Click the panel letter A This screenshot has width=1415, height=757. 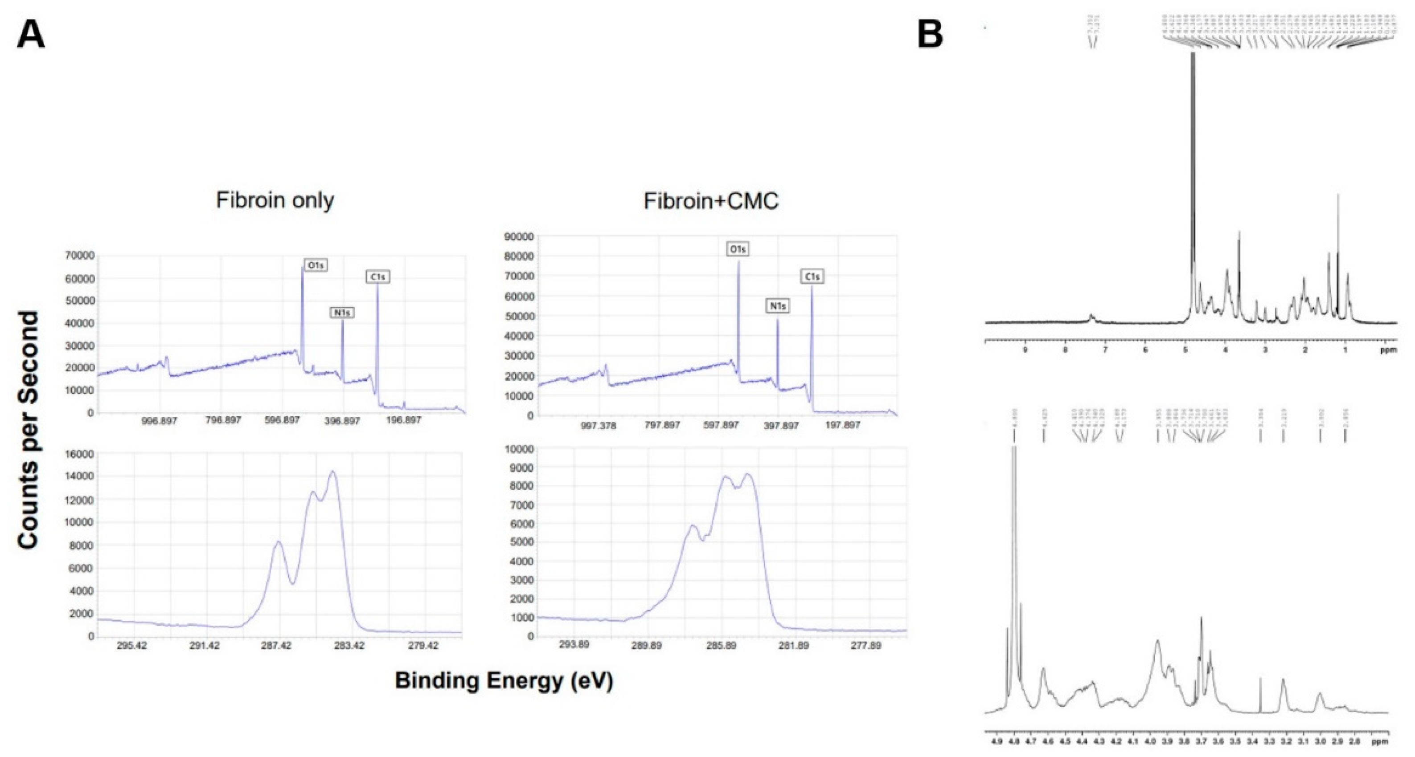point(31,36)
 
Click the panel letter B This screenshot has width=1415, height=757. point(931,36)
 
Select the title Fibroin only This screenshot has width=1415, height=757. point(275,200)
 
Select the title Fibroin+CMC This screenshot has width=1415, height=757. point(711,201)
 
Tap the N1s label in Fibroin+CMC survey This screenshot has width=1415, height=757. point(777,306)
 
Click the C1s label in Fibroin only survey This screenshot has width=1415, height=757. point(378,277)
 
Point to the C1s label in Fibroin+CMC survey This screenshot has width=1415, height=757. point(812,277)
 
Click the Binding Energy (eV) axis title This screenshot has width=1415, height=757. point(504,681)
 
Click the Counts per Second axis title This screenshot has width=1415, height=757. point(29,430)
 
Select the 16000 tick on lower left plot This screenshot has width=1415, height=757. point(80,454)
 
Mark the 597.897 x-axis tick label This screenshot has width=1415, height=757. point(721,425)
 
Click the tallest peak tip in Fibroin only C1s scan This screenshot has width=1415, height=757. point(332,471)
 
